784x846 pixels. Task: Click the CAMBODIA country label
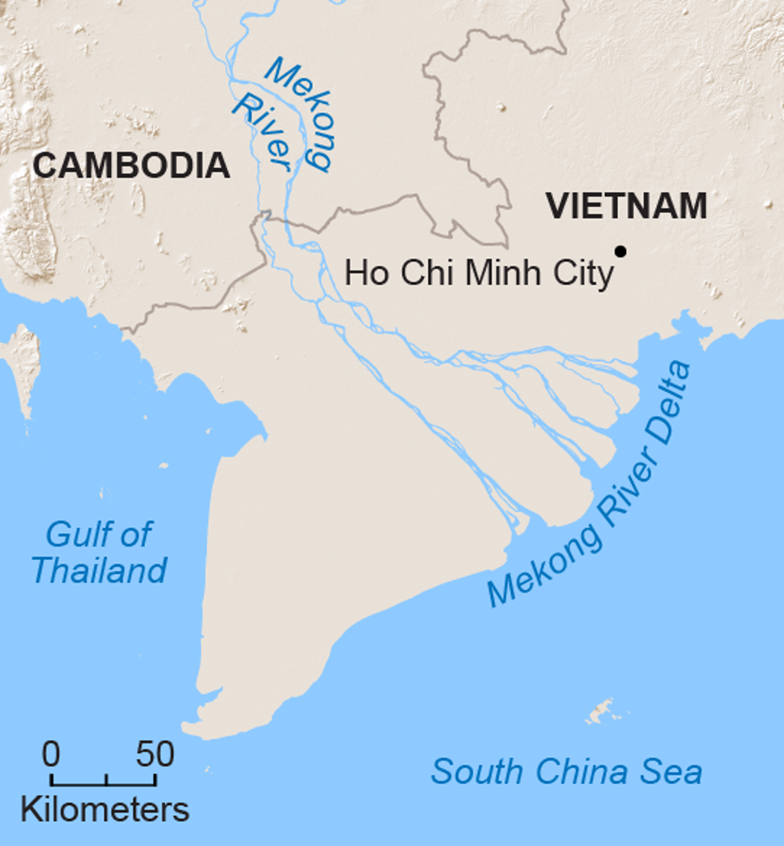131,165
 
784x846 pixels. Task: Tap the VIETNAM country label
627,206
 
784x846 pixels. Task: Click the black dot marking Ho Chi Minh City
620,251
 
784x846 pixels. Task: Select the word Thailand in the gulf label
99,570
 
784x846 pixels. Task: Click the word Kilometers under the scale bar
105,810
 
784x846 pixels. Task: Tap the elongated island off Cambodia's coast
25,366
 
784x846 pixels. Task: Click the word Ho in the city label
367,272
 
